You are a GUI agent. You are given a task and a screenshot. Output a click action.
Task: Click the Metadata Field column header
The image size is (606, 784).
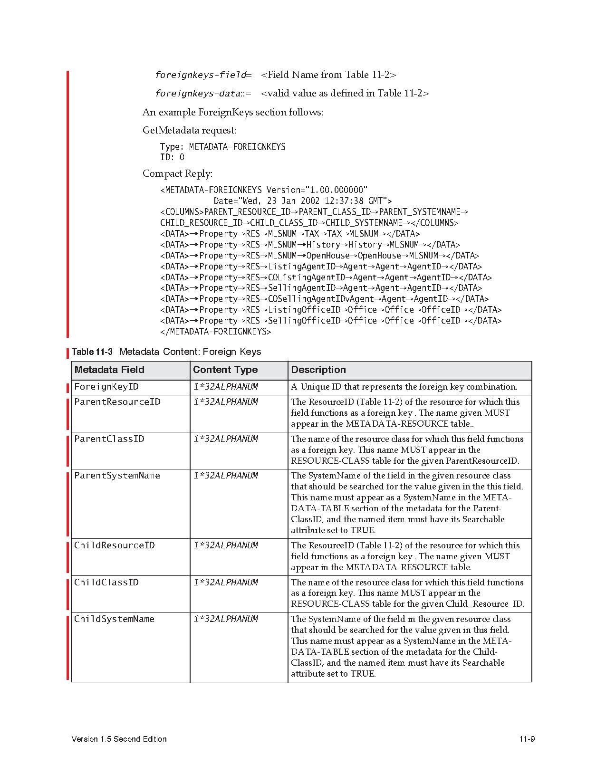109,370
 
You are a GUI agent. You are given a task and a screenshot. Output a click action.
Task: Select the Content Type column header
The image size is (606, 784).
225,370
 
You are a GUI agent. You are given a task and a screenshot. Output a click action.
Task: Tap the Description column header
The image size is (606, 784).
318,370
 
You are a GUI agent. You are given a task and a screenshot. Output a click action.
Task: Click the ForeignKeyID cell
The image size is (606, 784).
106,387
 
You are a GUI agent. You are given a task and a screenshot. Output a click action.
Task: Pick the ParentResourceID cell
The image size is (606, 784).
117,402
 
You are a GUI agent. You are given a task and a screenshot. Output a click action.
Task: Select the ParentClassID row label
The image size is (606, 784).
109,439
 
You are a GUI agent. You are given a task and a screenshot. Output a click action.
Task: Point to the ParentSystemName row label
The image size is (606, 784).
117,476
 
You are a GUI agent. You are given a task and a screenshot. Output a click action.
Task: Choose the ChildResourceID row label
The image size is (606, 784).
114,545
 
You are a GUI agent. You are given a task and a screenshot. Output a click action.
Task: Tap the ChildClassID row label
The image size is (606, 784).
106,583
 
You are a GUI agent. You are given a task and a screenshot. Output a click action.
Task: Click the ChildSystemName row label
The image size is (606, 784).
114,619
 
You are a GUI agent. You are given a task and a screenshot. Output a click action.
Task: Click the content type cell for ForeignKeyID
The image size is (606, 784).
225,387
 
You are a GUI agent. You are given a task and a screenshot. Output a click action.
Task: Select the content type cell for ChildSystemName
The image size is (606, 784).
225,619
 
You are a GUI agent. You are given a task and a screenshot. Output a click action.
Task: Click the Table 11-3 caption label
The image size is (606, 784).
92,352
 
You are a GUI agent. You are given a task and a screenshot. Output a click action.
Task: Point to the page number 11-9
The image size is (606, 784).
527,739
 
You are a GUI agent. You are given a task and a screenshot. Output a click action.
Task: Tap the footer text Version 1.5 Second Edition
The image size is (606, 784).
119,739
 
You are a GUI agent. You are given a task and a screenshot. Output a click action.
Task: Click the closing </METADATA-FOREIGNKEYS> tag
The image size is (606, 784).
215,332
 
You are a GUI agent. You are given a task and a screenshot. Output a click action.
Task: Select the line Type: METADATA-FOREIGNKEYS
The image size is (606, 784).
222,147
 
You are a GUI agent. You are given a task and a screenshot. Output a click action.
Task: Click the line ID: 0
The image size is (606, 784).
172,157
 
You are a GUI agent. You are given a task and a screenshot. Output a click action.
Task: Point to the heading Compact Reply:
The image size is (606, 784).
177,174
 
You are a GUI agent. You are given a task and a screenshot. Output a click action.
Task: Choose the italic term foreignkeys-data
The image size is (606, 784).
197,94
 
